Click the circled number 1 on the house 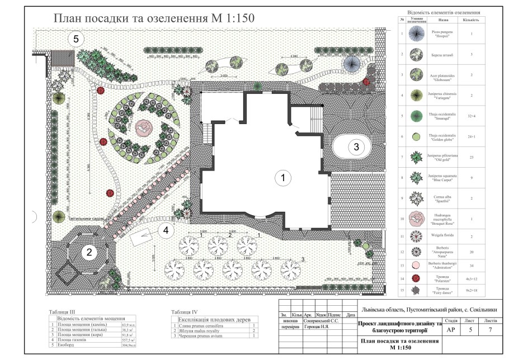pos(283,178)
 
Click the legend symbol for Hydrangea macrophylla pos(416,217)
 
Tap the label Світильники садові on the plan pos(87,219)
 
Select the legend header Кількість pos(470,20)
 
